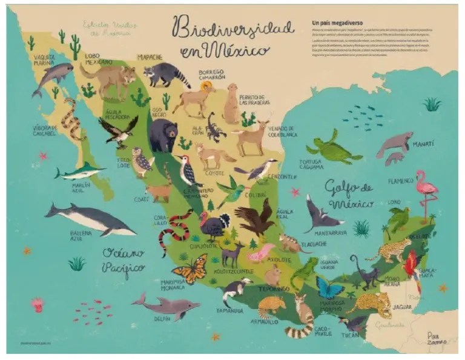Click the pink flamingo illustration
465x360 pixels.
(x=427, y=189)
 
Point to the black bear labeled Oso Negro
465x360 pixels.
(x=163, y=135)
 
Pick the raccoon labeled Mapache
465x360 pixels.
(x=170, y=74)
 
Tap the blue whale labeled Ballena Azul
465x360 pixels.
(x=91, y=218)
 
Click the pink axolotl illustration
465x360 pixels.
(x=261, y=252)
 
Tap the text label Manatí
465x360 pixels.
(x=423, y=144)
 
